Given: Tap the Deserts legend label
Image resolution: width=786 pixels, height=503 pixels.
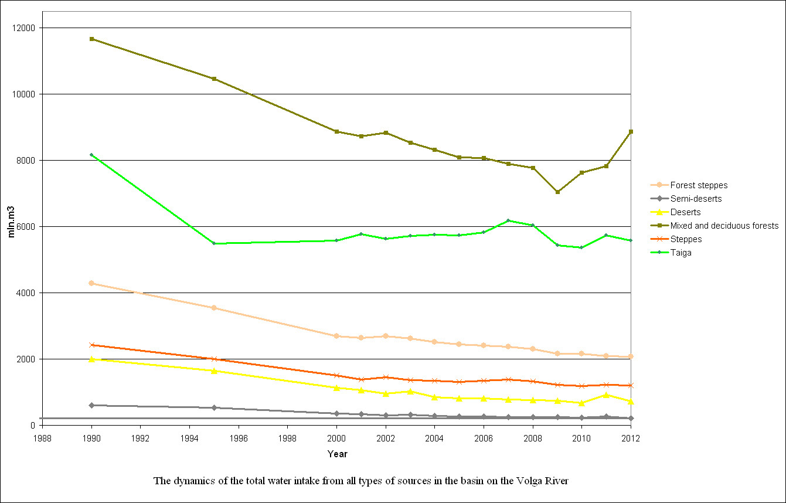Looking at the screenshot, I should [x=685, y=212].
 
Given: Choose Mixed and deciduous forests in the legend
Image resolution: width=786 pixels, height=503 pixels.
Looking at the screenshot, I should [x=724, y=226].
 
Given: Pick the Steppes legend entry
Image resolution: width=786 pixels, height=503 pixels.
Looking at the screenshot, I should [x=686, y=239].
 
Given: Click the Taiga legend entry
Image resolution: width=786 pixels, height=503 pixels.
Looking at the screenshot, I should [x=680, y=253].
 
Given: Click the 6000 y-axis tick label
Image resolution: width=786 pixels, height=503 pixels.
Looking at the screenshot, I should [x=26, y=227].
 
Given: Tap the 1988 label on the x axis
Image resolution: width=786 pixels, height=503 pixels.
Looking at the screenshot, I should [x=42, y=437].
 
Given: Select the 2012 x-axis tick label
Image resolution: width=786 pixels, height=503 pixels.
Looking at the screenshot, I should [x=631, y=437].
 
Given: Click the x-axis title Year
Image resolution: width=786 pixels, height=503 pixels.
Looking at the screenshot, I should [x=337, y=454].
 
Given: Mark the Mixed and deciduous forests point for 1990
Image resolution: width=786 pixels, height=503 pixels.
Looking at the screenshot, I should [x=91, y=39].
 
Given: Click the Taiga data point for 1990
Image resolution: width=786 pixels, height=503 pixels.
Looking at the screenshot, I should [x=91, y=155].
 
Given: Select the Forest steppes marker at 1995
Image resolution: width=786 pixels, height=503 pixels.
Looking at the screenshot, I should [x=214, y=308].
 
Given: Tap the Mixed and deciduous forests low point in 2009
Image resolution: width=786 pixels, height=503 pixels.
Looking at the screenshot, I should [x=557, y=192].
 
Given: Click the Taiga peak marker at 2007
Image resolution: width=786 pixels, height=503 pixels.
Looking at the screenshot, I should [x=508, y=220].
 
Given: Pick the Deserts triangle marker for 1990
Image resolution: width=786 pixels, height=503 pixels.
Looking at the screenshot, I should [x=91, y=359].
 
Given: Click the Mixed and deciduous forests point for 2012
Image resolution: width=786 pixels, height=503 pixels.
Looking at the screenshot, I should [x=631, y=131].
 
